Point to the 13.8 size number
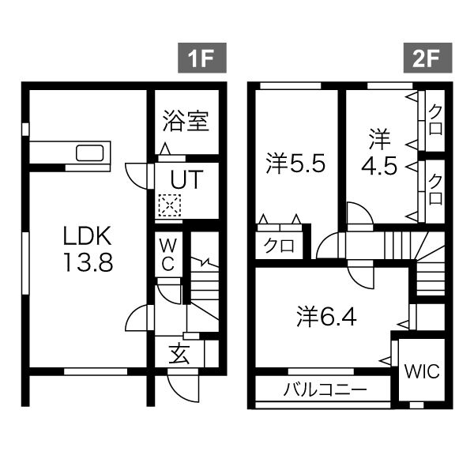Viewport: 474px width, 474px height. click(88, 262)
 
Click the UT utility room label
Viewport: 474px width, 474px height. click(185, 179)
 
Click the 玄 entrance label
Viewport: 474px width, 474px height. click(180, 355)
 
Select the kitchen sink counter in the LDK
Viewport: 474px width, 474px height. click(71, 153)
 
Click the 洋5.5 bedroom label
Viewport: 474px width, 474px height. click(296, 164)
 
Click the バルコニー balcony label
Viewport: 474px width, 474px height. click(324, 389)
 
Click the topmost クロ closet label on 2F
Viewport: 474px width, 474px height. click(434, 118)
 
